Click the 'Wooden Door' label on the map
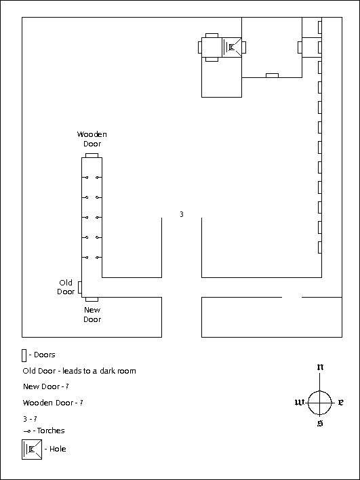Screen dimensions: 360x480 pyautogui.click(x=92, y=139)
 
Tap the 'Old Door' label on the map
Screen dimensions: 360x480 pyautogui.click(x=66, y=287)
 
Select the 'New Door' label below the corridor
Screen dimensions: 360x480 pyautogui.click(x=92, y=315)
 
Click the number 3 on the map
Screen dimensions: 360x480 pyautogui.click(x=182, y=215)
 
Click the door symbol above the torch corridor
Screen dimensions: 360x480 pyautogui.click(x=92, y=155)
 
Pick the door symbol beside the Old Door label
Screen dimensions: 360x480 pyautogui.click(x=80, y=287)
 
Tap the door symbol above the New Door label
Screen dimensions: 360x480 pyautogui.click(x=92, y=300)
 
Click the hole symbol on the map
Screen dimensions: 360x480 pyautogui.click(x=232, y=47)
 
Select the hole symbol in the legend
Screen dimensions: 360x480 pyautogui.click(x=32, y=449)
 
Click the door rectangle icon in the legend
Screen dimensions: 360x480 pyautogui.click(x=24, y=355)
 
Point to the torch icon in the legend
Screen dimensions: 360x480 pyautogui.click(x=27, y=431)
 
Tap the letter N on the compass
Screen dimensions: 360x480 pyautogui.click(x=320, y=366)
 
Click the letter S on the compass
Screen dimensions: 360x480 pyautogui.click(x=320, y=424)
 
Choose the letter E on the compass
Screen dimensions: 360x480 pyautogui.click(x=340, y=403)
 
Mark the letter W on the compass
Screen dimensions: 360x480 pyautogui.click(x=299, y=403)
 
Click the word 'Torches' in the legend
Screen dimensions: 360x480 pyautogui.click(x=51, y=431)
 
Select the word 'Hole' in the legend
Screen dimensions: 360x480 pyautogui.click(x=58, y=449)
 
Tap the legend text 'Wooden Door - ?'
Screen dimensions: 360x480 pyautogui.click(x=53, y=403)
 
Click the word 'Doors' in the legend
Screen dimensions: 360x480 pyautogui.click(x=44, y=355)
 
